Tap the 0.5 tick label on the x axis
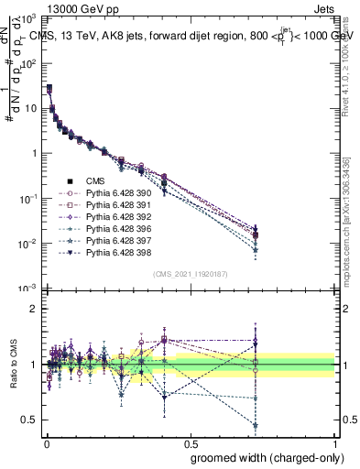(189, 442)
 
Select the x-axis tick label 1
(335, 442)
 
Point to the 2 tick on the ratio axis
(32, 309)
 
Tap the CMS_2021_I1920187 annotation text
(189, 274)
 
